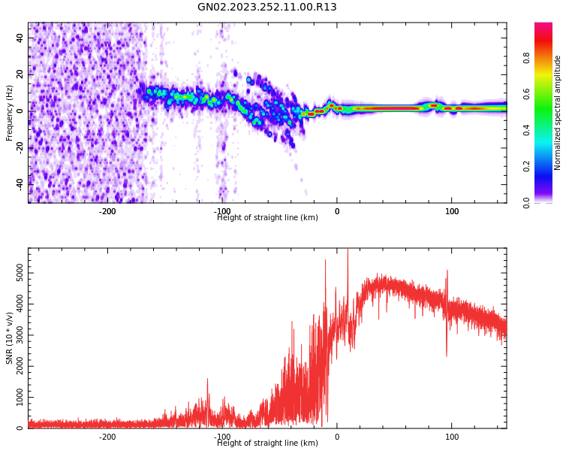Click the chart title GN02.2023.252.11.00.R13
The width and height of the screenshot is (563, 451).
[x=267, y=8]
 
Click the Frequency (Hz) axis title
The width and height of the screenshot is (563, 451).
[x=10, y=113]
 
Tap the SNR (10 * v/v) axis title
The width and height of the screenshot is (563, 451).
[x=10, y=338]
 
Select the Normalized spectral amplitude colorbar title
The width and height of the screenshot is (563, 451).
[x=558, y=113]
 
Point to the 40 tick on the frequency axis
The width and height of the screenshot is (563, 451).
[x=21, y=38]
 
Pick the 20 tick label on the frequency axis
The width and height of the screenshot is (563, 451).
[x=21, y=74]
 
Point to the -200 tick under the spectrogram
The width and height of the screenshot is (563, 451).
[x=107, y=211]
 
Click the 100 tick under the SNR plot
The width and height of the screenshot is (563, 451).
[x=452, y=437]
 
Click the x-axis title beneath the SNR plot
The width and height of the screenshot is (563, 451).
[x=267, y=443]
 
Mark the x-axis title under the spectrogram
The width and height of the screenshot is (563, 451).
[x=267, y=218]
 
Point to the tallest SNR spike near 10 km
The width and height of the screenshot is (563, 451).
[x=348, y=251]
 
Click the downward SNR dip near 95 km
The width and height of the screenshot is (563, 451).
[x=447, y=354]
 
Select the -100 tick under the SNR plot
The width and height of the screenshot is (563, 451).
[x=222, y=437]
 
